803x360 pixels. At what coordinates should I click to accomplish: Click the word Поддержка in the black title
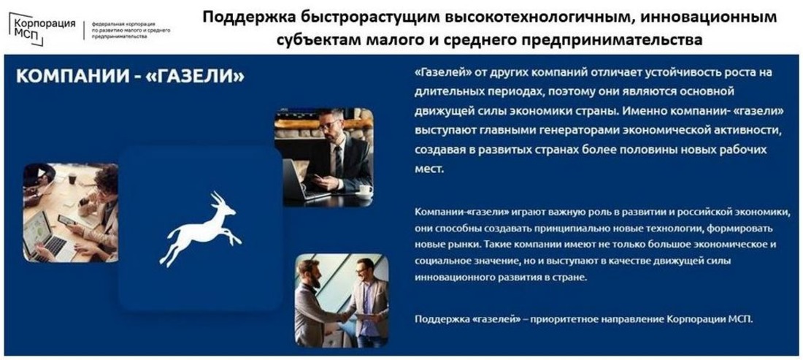click(243, 18)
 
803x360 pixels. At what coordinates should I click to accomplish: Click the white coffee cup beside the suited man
click(365, 191)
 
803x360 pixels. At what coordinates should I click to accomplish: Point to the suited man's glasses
click(328, 124)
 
